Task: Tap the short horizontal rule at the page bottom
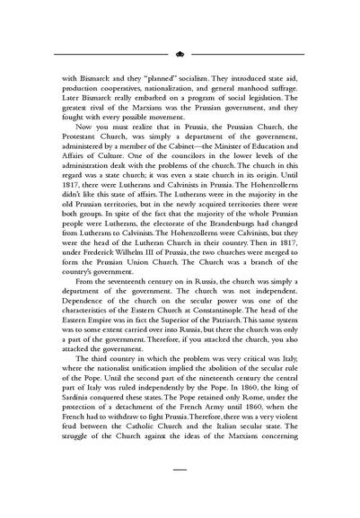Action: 180,493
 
